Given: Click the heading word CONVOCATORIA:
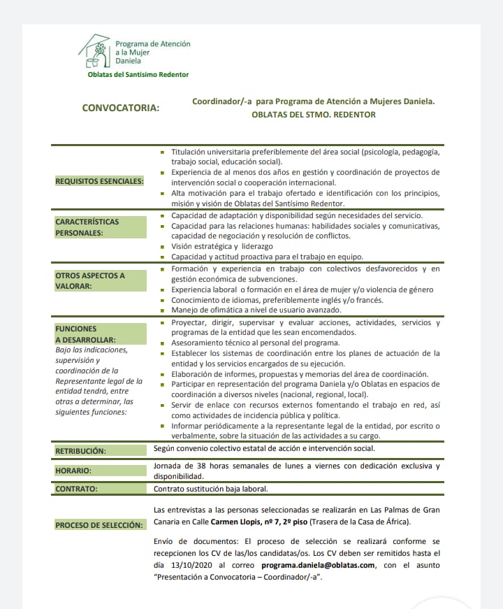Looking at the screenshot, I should (x=121, y=108).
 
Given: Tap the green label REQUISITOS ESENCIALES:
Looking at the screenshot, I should (x=99, y=182).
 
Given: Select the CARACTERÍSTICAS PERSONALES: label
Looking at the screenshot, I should (x=87, y=227).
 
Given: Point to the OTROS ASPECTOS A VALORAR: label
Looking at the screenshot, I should (x=90, y=280).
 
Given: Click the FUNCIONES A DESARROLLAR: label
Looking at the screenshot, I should (x=80, y=334).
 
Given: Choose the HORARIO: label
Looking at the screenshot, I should (x=73, y=471).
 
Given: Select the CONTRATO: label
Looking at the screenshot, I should (x=76, y=489).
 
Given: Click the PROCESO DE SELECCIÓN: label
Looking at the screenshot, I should (x=99, y=524).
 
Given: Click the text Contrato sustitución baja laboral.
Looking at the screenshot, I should (x=210, y=489).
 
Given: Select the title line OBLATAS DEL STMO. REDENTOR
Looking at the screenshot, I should (x=314, y=115).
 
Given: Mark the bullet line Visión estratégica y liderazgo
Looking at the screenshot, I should (x=222, y=246).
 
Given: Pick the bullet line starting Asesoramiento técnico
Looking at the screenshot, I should (x=255, y=343).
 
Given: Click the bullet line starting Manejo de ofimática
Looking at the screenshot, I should (x=256, y=310).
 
